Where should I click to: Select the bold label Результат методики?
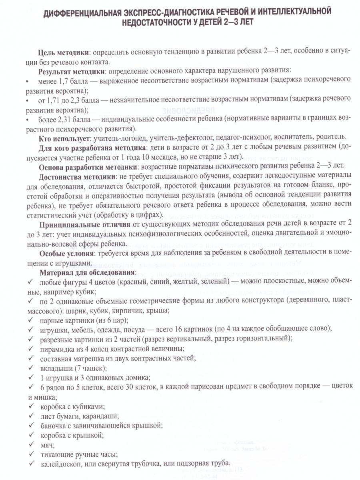[71, 72]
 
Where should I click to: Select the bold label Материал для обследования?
[87, 272]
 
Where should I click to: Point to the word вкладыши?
[56, 368]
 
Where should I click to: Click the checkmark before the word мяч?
[31, 444]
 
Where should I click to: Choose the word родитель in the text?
[324, 138]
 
